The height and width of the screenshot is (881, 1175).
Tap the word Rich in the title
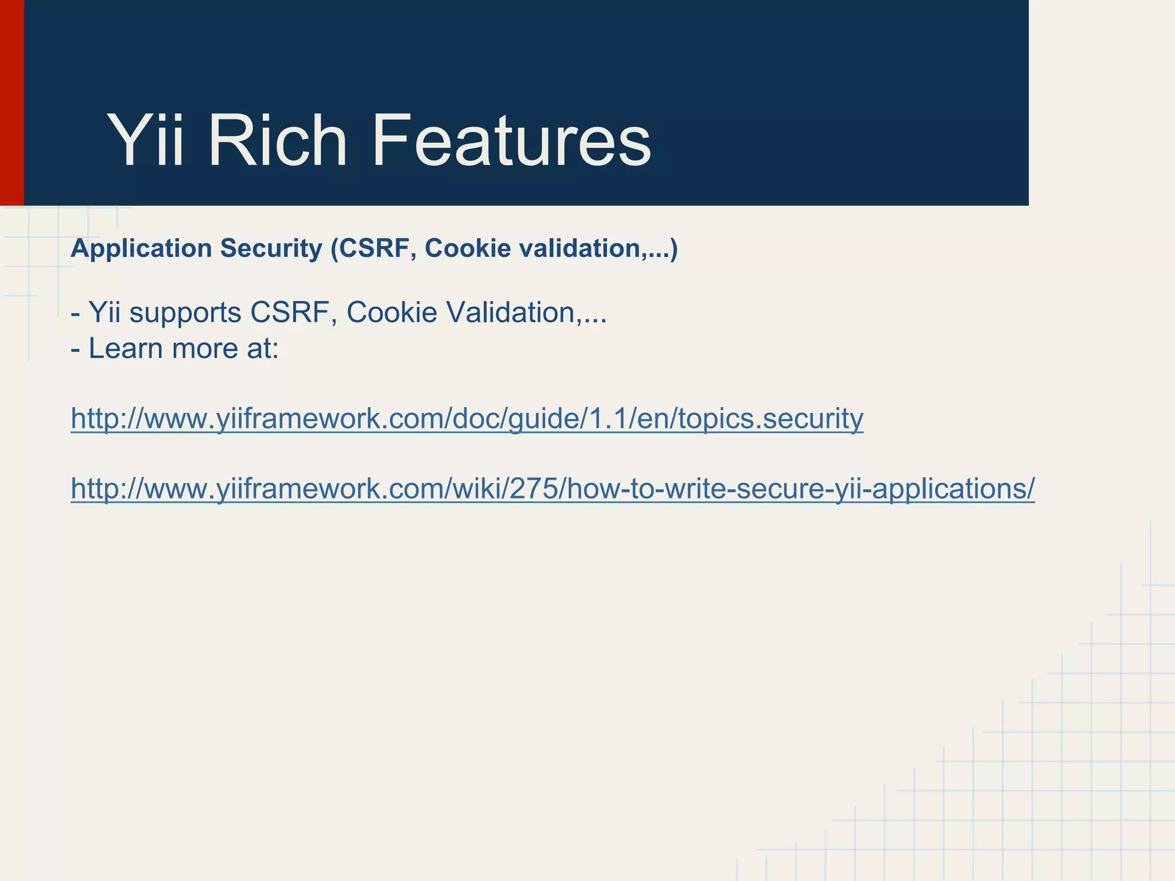278,141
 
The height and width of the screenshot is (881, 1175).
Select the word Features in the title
511,141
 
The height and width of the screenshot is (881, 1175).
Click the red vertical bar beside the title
11,103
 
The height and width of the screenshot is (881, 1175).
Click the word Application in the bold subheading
141,248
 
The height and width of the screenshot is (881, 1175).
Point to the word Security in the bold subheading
271,248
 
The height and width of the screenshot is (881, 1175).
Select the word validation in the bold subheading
578,248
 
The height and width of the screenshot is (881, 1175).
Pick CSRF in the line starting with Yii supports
293,313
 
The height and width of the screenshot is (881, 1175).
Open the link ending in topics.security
466,419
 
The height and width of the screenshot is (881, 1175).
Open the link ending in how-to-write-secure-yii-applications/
552,489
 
